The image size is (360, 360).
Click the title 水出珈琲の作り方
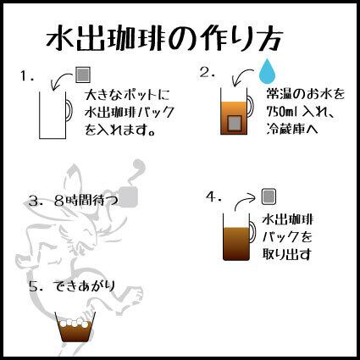pyautogui.click(x=164, y=39)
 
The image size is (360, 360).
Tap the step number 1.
pyautogui.click(x=27, y=76)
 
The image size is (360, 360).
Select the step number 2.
pyautogui.click(x=208, y=72)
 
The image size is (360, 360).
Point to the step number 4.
pyautogui.click(x=213, y=197)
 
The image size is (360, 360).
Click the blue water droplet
pyautogui.click(x=268, y=71)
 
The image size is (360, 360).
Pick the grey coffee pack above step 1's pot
pyautogui.click(x=83, y=75)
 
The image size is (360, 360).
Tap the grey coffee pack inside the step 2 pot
pyautogui.click(x=235, y=124)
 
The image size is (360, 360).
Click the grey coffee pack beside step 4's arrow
pyautogui.click(x=269, y=197)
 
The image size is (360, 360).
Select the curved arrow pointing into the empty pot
pyautogui.click(x=60, y=78)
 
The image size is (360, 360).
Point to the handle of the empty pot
pyautogui.click(x=70, y=110)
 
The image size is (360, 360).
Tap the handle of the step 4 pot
pyautogui.click(x=253, y=231)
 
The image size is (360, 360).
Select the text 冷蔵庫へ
pyautogui.click(x=292, y=129)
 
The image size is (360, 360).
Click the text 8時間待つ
pyautogui.click(x=86, y=201)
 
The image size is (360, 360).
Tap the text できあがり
pyautogui.click(x=84, y=286)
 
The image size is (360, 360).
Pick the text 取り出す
pyautogui.click(x=286, y=253)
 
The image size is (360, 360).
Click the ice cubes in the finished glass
pyautogui.click(x=75, y=323)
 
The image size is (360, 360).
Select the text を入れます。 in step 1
pyautogui.click(x=120, y=130)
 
